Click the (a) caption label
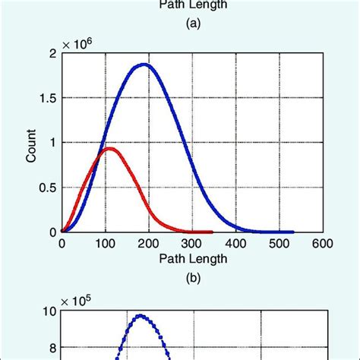pyautogui.click(x=192, y=24)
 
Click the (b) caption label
pyautogui.click(x=192, y=278)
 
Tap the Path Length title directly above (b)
pyautogui.click(x=192, y=258)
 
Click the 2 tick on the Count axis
pyautogui.click(x=51, y=53)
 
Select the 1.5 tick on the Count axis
pyautogui.click(x=47, y=97)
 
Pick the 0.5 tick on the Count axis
pyautogui.click(x=47, y=187)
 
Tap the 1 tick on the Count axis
pyautogui.click(x=51, y=142)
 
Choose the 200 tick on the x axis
pyautogui.click(x=149, y=244)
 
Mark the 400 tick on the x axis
pyautogui.click(x=235, y=244)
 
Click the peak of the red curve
pyautogui.click(x=109, y=149)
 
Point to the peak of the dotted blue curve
pyautogui.click(x=141, y=316)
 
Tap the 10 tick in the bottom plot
pyautogui.click(x=48, y=311)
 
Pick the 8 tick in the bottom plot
pyautogui.click(x=51, y=349)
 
